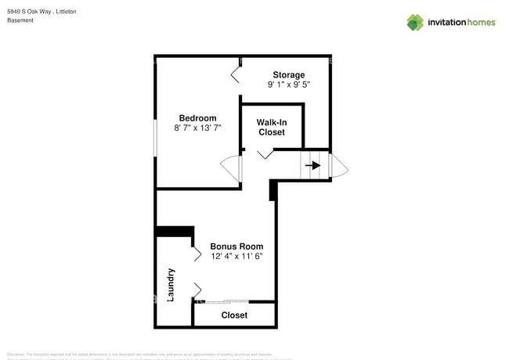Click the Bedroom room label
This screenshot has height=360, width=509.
[x=197, y=118]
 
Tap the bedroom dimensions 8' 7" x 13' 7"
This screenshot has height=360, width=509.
[x=197, y=128]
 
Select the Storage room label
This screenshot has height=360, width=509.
[x=288, y=75]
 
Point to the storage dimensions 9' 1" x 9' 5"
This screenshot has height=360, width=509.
[x=288, y=85]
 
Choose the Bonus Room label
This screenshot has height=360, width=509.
[x=236, y=247]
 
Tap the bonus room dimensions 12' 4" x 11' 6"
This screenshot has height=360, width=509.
[x=236, y=256]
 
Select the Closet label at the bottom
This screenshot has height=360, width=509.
[x=234, y=315]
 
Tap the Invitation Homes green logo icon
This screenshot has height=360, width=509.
[x=415, y=22]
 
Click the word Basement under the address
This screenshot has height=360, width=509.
[x=20, y=20]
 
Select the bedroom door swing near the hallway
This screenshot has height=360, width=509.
[x=232, y=169]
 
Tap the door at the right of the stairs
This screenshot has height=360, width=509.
[x=340, y=165]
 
